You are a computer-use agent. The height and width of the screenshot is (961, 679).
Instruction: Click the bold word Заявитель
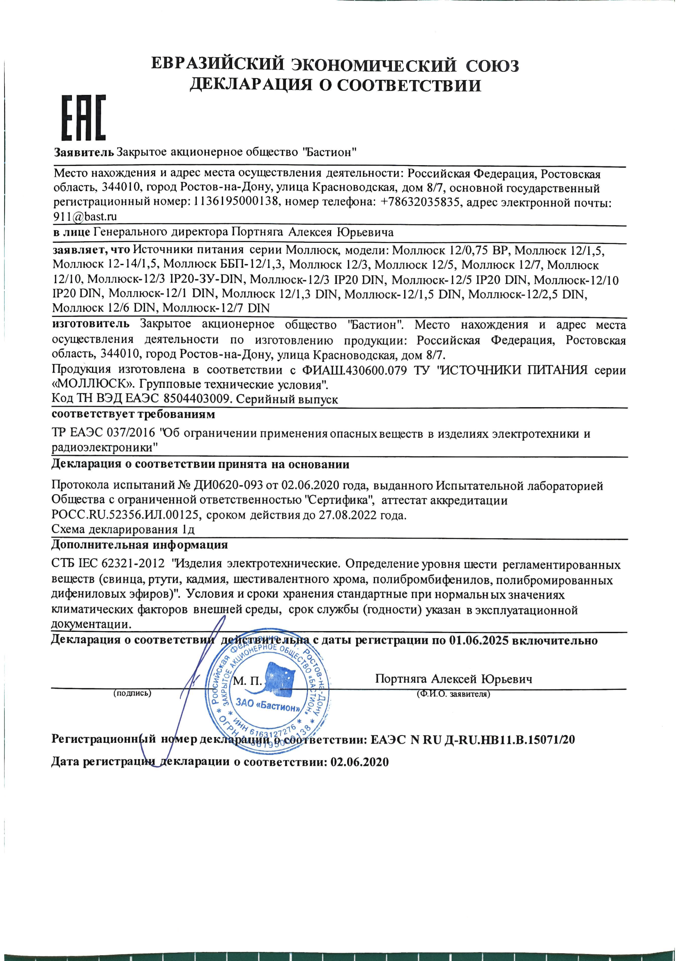[x=84, y=152]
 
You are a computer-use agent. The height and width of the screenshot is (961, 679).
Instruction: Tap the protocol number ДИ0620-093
[x=228, y=486]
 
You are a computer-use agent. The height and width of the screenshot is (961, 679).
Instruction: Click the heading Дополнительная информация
[x=139, y=545]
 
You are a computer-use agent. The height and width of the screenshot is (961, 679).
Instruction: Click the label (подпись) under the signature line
[x=132, y=694]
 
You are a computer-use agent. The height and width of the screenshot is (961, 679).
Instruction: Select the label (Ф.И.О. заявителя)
[x=453, y=694]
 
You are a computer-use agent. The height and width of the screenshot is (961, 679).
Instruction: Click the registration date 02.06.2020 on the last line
[x=359, y=762]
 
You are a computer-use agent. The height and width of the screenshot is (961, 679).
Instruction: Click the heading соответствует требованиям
[x=133, y=415]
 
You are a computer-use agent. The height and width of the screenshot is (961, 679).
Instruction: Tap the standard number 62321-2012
[x=133, y=563]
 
